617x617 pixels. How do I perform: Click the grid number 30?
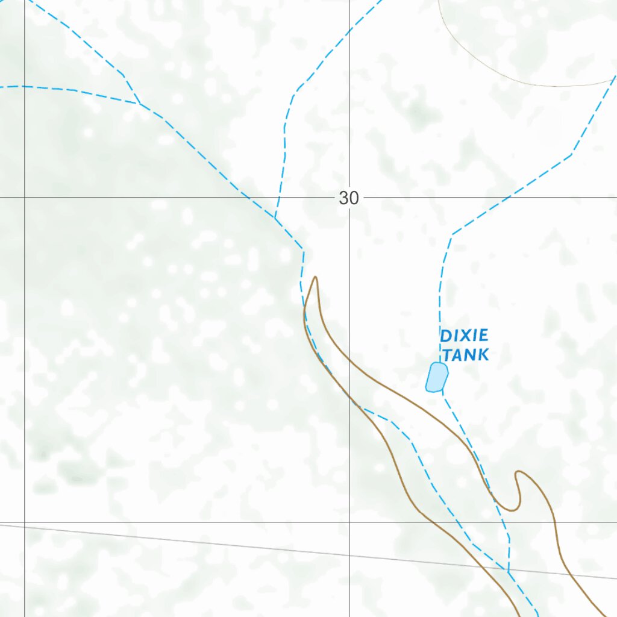348,198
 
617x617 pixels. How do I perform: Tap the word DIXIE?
463,336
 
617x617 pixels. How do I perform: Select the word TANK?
466,354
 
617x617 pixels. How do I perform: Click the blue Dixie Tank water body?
436,377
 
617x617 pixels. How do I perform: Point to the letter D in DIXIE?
446,336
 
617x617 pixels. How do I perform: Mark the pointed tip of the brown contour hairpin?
315,278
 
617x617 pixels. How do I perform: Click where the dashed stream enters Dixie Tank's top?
440,363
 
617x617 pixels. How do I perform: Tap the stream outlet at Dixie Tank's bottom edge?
442,390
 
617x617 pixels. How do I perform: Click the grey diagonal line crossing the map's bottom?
181,542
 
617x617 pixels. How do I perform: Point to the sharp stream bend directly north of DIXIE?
452,234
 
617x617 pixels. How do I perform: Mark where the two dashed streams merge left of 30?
275,218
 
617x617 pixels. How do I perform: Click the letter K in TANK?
483,354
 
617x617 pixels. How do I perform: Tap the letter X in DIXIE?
466,336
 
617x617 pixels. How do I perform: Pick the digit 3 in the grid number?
343,198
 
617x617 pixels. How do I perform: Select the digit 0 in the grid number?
353,198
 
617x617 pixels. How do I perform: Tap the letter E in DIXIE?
483,336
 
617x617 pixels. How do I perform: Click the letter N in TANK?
471,354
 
